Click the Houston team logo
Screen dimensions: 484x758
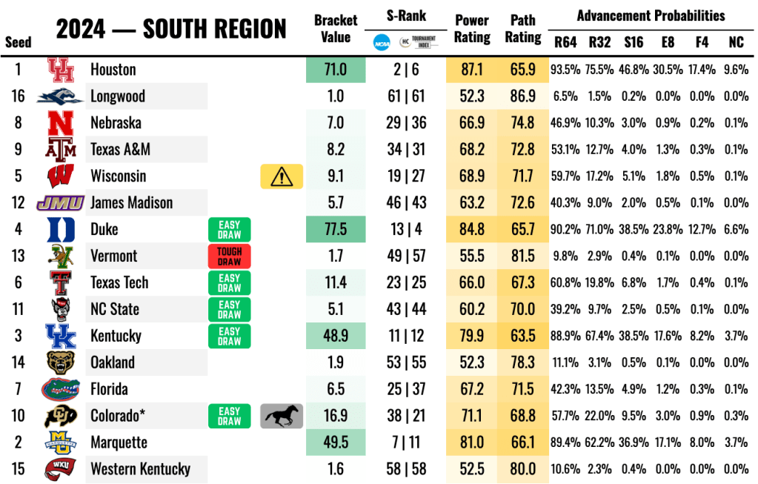coord(61,70)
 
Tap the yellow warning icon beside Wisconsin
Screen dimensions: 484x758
coord(282,176)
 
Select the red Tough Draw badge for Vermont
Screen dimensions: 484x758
coord(230,256)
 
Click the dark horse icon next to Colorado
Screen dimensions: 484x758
coord(282,416)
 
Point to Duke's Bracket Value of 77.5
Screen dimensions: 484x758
coord(336,230)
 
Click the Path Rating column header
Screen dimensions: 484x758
coord(523,28)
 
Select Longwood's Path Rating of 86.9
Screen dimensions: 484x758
coord(523,96)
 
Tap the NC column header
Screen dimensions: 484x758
coord(736,42)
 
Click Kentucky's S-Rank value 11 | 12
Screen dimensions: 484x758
coord(407,336)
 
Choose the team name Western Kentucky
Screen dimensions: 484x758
coord(140,469)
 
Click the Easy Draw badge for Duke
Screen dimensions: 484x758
coord(230,230)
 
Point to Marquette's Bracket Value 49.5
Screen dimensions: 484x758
coord(336,442)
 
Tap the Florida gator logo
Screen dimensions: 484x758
coord(61,389)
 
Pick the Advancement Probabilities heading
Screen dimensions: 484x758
coord(651,16)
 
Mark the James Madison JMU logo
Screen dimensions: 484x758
coord(61,203)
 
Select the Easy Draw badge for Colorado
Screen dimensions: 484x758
coord(230,416)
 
